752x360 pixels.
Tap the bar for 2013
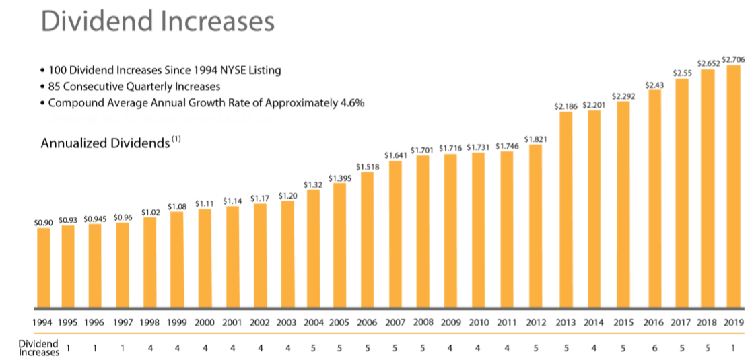point(566,209)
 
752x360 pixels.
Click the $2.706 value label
point(732,60)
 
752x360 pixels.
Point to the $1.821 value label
point(536,139)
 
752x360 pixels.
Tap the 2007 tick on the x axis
point(395,322)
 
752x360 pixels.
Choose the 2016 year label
point(654,322)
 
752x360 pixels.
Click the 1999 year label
point(177,322)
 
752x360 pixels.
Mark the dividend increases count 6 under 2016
point(653,349)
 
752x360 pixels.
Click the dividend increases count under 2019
point(733,349)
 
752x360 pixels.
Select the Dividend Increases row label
point(34,347)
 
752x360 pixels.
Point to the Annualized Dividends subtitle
point(104,143)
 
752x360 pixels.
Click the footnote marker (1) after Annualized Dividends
point(176,139)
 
